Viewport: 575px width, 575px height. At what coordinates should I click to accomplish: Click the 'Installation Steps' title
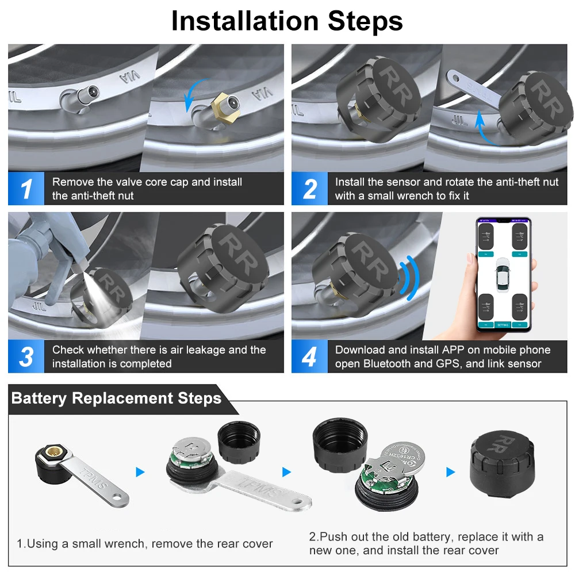(x=287, y=21)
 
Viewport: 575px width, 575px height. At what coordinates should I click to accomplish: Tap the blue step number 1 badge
(x=26, y=189)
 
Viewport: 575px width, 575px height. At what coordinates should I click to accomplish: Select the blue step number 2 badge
(x=309, y=189)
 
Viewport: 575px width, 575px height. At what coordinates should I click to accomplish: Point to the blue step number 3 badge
(x=26, y=357)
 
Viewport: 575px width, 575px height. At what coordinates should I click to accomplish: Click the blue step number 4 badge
(x=309, y=357)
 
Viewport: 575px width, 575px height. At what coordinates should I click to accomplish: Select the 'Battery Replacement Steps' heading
(x=116, y=398)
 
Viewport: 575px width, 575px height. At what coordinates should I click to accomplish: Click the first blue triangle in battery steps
(x=140, y=472)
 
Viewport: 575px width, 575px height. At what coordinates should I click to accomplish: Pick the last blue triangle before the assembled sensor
(x=450, y=472)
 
